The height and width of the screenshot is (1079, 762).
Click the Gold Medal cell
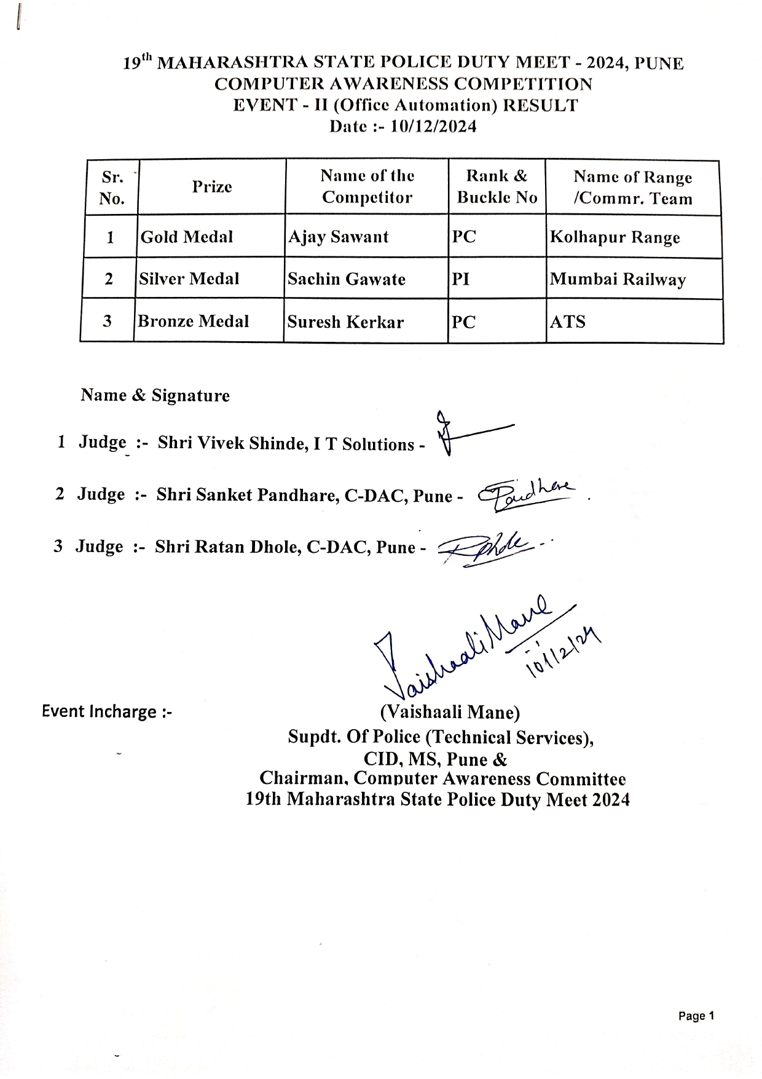[x=187, y=237]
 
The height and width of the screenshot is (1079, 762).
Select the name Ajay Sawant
[x=338, y=237]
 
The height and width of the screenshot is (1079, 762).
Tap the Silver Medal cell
[x=189, y=279]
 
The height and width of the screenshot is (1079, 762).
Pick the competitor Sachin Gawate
[x=347, y=279]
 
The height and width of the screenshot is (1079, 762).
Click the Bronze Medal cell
[x=193, y=322]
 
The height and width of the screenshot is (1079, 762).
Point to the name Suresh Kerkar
[x=345, y=322]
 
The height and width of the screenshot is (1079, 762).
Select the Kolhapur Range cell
[x=615, y=238]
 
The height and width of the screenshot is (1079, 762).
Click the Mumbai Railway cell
[x=618, y=280]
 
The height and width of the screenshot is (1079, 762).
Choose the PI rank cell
[x=461, y=280]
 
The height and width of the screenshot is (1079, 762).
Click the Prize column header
[x=211, y=187]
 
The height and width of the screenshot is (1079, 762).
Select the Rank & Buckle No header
[x=497, y=187]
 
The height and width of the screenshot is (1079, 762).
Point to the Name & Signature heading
[x=155, y=395]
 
